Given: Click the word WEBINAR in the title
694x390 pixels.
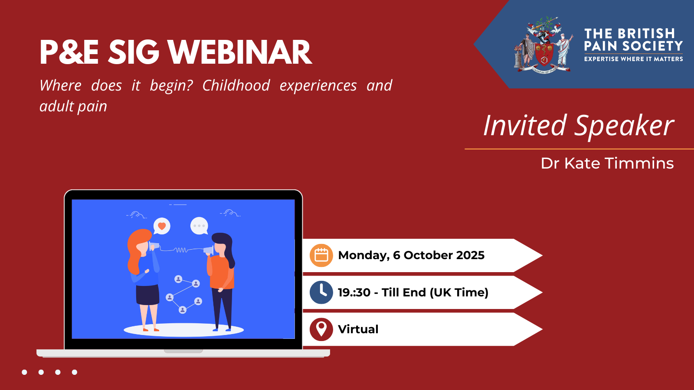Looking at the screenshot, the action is pos(240,52).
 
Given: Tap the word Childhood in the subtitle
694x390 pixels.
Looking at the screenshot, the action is pos(236,85).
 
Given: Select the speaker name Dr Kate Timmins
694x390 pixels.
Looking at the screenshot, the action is pos(607,163).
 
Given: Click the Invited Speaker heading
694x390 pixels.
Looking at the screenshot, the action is pos(579,125).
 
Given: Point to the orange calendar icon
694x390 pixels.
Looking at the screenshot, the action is pos(321,255).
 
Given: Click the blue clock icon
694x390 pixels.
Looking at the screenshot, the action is pos(321,292).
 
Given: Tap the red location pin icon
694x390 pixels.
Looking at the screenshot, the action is pos(321,329).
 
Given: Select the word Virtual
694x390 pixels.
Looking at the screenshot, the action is pos(358,329).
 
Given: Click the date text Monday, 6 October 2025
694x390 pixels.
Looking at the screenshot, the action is pos(411,255).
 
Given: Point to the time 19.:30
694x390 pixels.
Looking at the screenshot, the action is pos(354,292).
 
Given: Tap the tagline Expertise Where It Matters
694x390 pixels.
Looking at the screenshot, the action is pos(634,59).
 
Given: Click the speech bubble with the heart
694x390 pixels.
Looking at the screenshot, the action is pos(162,226).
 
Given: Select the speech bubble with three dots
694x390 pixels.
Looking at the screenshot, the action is pos(199,226).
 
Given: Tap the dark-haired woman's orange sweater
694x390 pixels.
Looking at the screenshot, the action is pos(222,273).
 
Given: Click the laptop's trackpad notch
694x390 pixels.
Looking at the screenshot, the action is pos(183,351).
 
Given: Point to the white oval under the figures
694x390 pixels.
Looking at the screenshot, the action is pos(184,330).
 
